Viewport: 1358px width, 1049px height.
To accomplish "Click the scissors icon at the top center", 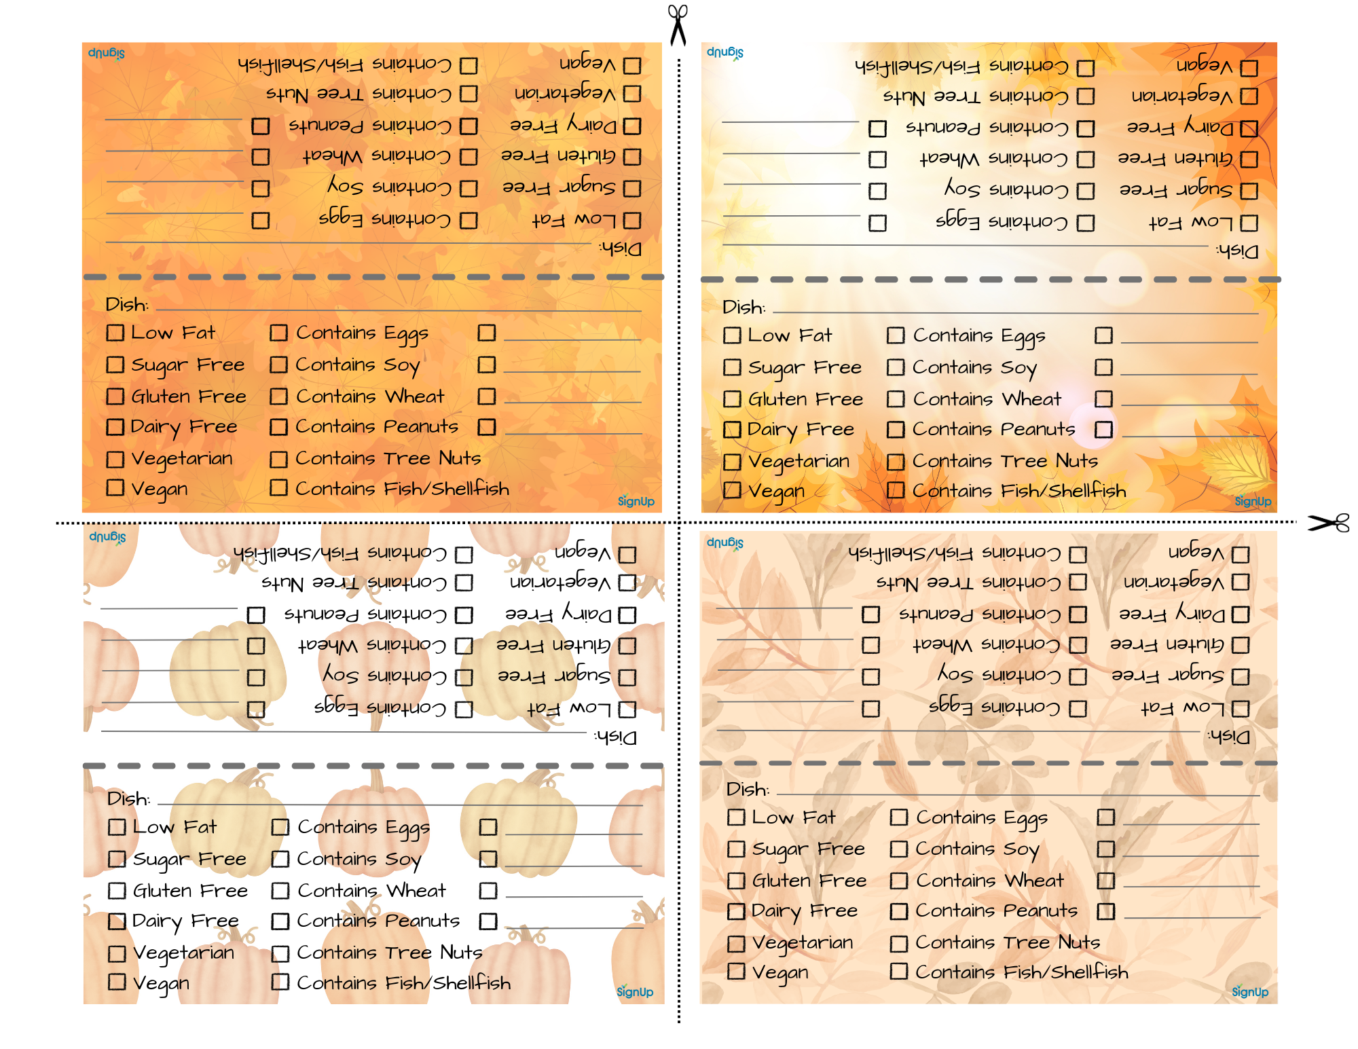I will pos(678,24).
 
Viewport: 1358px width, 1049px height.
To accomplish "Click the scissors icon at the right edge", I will pos(1329,523).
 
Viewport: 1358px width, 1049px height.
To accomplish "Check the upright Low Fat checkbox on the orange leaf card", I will pos(115,333).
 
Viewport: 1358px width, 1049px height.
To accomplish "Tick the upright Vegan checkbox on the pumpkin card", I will pos(117,982).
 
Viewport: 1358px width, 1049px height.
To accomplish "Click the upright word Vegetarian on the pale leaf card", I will pos(803,942).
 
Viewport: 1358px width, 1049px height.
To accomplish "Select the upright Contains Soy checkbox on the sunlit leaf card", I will pos(896,367).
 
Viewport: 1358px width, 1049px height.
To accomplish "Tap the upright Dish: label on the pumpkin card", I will pos(128,798).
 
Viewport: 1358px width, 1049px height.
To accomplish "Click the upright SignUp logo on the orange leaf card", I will pos(636,501).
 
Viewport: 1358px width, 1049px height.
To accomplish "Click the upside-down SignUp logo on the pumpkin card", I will pos(107,537).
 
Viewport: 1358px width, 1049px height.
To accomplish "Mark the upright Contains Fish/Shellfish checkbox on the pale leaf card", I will pos(899,971).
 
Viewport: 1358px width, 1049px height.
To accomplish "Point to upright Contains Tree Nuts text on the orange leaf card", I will pos(388,458).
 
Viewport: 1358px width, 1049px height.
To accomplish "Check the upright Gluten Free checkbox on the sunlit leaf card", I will pos(732,399).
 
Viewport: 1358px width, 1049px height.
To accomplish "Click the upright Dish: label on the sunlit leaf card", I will pos(744,308).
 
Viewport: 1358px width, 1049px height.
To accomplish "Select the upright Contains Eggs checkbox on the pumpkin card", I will pos(280,827).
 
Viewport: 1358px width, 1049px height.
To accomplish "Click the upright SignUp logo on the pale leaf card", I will pos(1250,992).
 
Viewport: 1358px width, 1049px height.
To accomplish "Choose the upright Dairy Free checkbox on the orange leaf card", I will pos(115,427).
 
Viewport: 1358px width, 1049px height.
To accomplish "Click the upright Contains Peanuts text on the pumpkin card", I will pos(378,921).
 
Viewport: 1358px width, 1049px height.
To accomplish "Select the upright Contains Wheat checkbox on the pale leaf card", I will pos(899,881).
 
